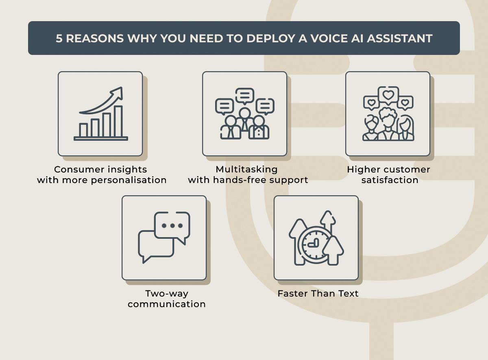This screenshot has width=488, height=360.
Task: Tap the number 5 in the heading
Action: tap(59, 39)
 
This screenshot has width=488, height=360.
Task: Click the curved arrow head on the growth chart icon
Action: tap(118, 93)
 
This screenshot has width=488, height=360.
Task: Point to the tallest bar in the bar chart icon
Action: tap(118, 121)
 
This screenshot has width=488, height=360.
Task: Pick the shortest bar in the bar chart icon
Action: tap(83, 130)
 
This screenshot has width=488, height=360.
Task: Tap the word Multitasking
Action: tap(246, 169)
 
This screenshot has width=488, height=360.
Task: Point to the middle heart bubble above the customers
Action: tap(388, 95)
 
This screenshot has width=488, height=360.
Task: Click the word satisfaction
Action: tap(390, 180)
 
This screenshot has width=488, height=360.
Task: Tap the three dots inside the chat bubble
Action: tap(172, 226)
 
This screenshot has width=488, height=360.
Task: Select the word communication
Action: tap(166, 304)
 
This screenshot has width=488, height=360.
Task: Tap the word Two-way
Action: tap(167, 294)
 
